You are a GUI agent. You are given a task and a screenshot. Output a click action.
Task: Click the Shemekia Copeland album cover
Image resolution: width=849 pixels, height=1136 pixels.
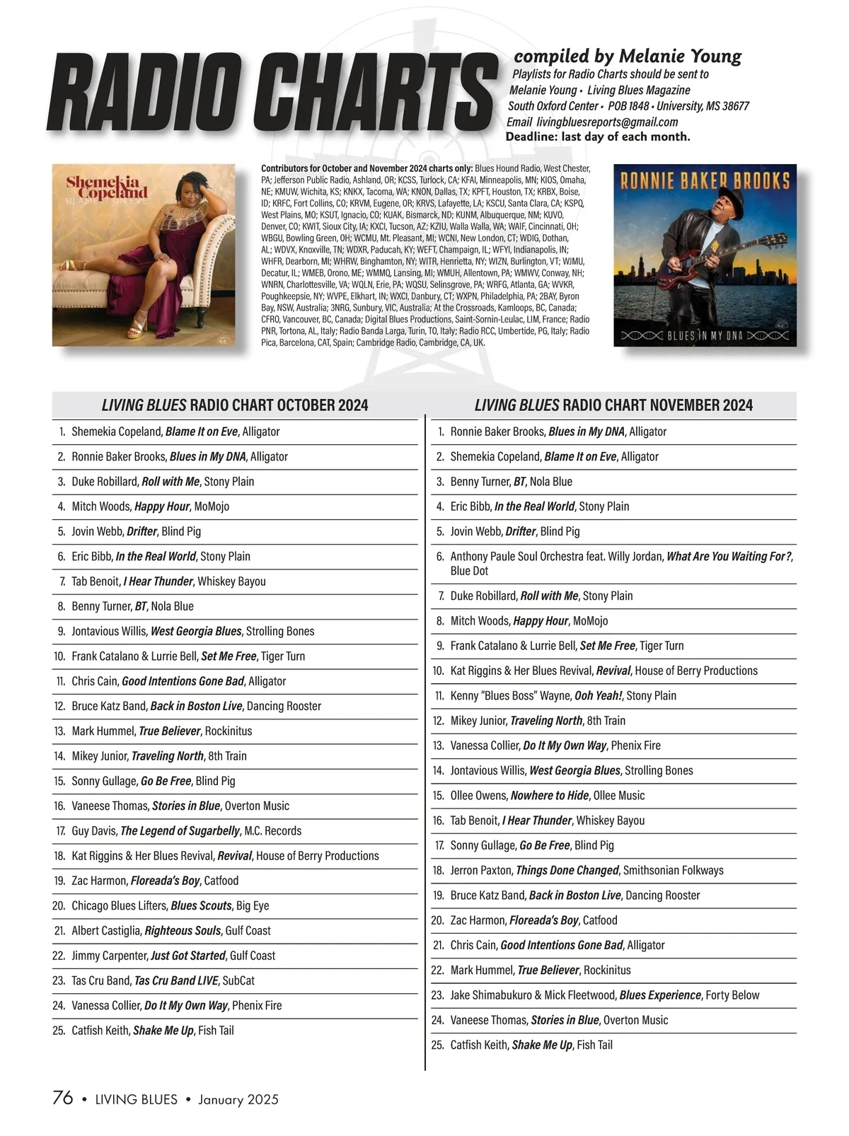pos(144,255)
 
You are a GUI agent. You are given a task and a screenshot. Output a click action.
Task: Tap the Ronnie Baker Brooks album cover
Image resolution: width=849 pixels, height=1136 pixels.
pos(705,255)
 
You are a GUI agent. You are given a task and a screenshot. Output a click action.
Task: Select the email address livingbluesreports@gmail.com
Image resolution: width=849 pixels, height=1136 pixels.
pos(592,122)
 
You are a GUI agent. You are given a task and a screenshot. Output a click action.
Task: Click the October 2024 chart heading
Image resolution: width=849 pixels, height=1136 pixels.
pos(235,405)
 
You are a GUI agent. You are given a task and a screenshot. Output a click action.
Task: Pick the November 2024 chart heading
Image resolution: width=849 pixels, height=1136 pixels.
pos(613,405)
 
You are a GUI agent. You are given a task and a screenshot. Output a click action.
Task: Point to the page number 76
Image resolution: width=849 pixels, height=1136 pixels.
pos(63,1098)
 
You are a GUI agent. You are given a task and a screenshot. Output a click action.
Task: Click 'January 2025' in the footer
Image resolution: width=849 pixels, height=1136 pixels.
pos(238,1099)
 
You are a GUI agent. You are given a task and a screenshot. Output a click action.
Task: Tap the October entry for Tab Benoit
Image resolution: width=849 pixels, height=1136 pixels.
pos(168,581)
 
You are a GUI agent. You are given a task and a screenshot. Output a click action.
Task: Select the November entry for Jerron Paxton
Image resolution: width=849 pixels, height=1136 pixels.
pos(587,870)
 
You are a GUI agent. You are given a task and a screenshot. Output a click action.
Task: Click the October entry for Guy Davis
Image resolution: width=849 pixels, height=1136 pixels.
pos(186,830)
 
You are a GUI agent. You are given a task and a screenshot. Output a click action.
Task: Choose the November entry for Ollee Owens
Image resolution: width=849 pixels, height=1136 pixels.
pos(547,795)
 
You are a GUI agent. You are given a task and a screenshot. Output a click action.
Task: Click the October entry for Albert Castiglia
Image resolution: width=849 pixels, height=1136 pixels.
pos(171,930)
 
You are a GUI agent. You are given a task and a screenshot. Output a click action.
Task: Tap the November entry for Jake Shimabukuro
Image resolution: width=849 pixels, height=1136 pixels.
pos(604,995)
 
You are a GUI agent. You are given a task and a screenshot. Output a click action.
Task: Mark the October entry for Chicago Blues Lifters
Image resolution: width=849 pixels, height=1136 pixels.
pos(170,905)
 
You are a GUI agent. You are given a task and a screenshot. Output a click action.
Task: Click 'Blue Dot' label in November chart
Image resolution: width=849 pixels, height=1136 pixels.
pos(469,571)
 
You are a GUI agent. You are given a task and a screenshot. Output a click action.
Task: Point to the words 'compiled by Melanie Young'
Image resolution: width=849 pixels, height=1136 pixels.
pos(628,56)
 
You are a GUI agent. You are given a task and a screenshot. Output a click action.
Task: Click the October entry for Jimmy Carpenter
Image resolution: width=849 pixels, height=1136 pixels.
pos(173,955)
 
